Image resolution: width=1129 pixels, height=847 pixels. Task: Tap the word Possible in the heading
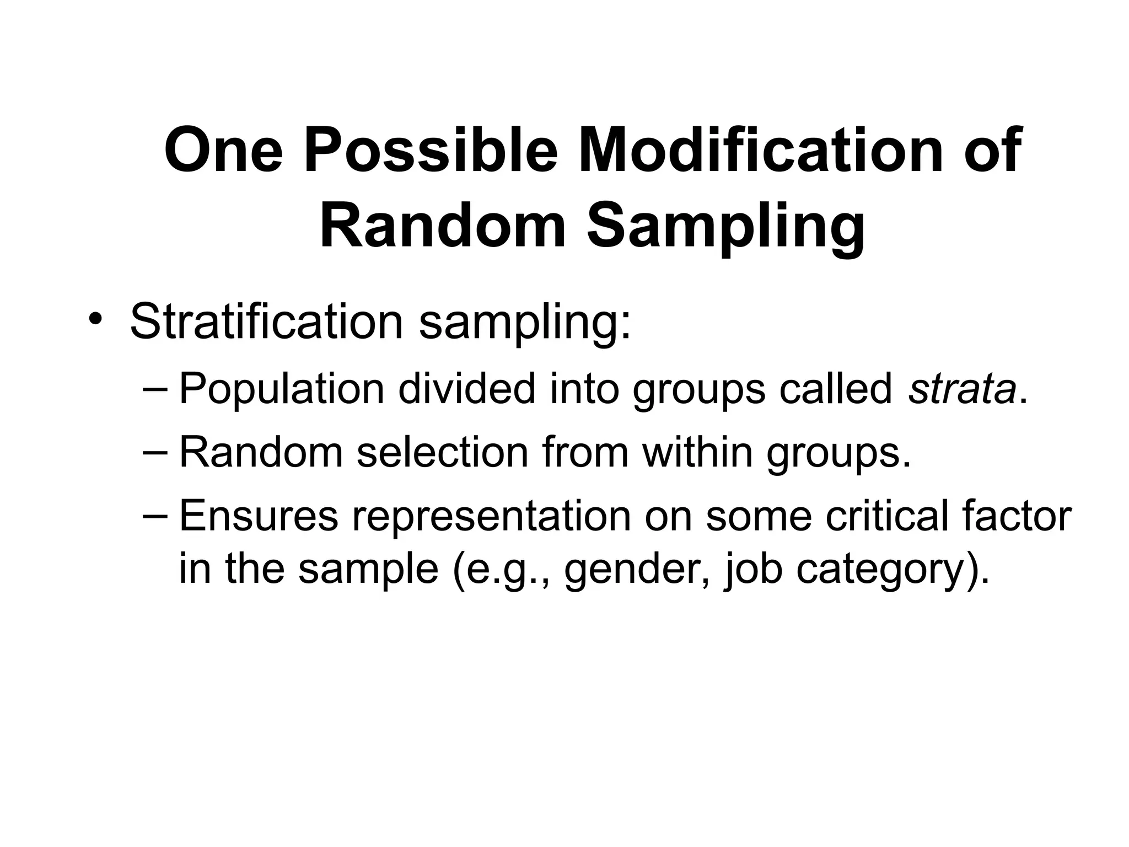431,150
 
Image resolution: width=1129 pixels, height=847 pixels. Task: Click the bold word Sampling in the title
725,226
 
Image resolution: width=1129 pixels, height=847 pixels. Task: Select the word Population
282,389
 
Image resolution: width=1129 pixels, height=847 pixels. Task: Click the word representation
491,516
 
